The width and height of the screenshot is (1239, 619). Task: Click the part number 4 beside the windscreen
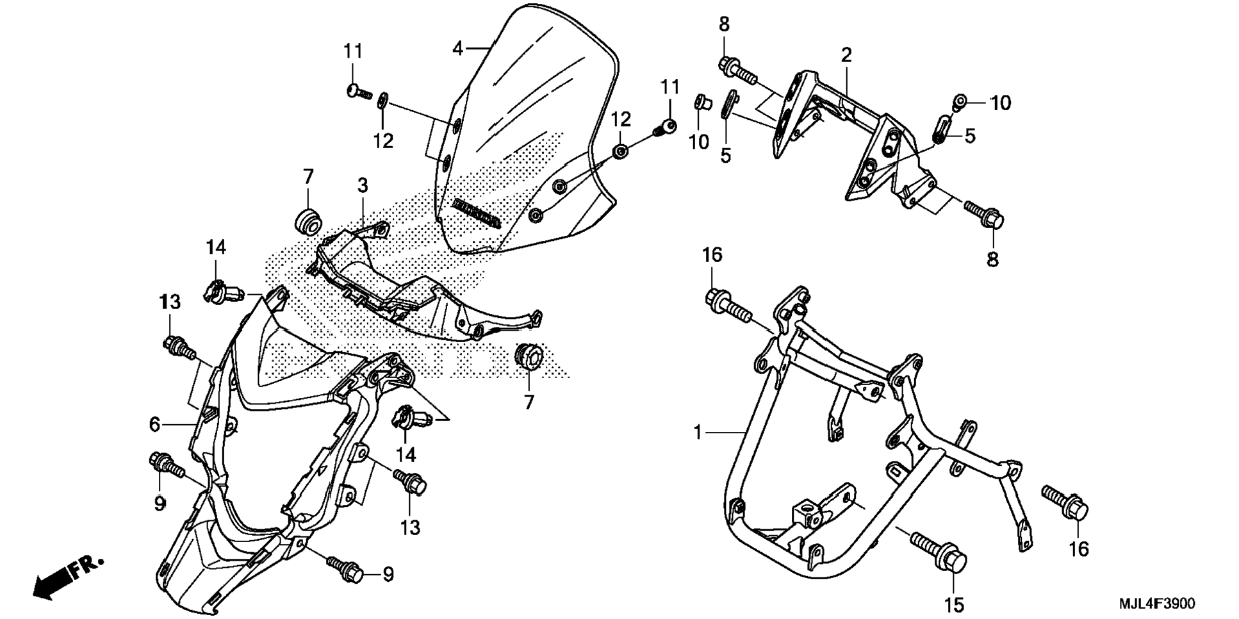[x=457, y=48]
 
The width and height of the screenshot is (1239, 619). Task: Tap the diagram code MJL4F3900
[x=1156, y=604]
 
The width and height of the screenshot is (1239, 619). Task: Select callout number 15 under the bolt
[x=953, y=604]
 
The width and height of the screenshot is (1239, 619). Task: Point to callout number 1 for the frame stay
[x=698, y=433]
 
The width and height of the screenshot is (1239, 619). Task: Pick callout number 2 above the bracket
[x=846, y=54]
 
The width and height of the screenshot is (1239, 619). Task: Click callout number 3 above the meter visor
[x=363, y=186]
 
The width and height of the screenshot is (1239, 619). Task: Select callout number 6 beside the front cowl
[x=154, y=424]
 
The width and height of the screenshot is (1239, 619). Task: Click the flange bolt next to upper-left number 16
[x=728, y=305]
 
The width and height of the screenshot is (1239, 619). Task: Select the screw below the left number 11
[x=359, y=92]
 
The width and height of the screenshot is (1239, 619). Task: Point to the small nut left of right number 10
[x=960, y=101]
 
